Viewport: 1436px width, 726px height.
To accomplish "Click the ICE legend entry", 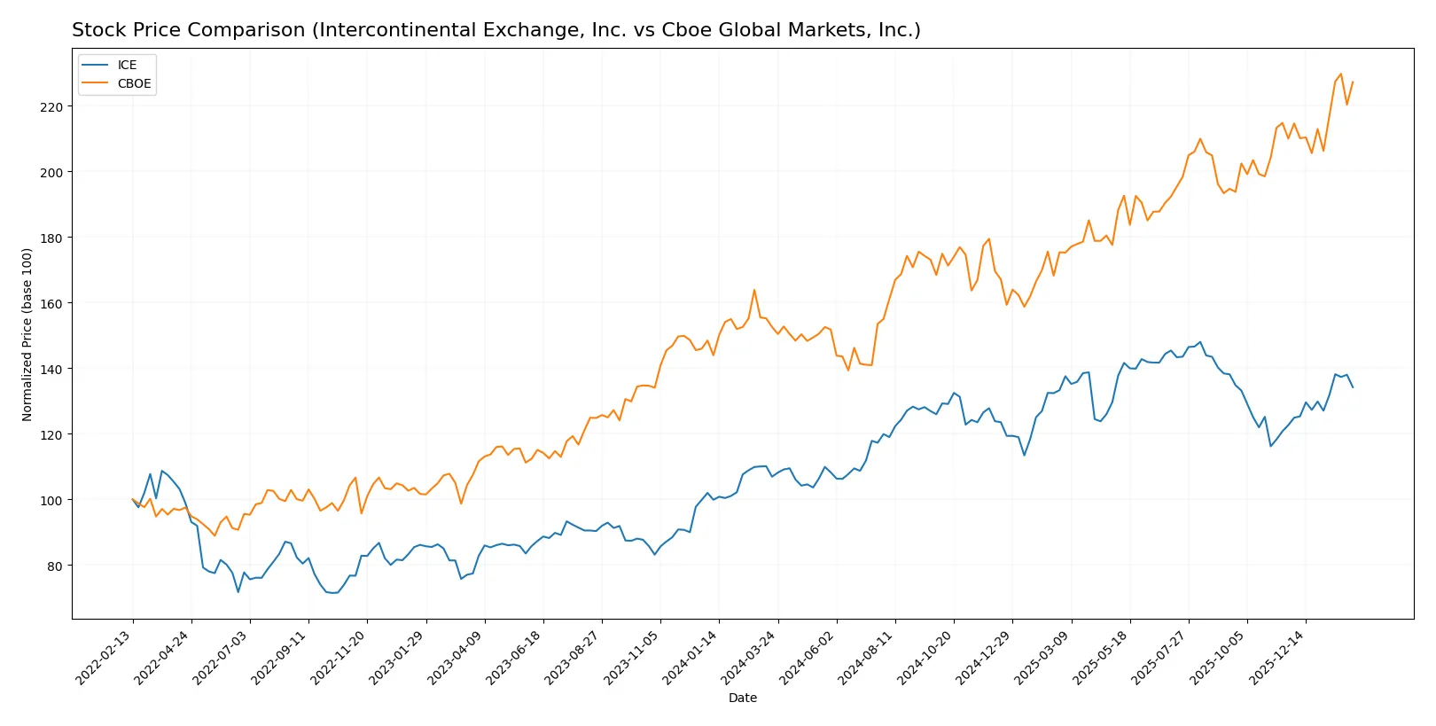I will (127, 65).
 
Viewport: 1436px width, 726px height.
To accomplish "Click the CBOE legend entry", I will (134, 83).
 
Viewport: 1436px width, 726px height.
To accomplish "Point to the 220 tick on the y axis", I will (51, 106).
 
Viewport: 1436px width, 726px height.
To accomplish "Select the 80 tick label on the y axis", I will (55, 566).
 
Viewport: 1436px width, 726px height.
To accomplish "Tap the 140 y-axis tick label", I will (51, 369).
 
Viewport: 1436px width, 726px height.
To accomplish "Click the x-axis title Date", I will (742, 698).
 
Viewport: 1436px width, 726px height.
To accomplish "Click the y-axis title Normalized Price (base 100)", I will (27, 334).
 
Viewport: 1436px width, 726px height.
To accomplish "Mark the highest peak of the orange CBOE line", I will (1340, 74).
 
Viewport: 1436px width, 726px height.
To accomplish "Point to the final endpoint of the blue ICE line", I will (1353, 387).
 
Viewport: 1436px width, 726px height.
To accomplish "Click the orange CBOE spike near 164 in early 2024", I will (754, 290).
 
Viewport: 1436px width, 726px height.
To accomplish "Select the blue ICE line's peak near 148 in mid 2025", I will (1200, 342).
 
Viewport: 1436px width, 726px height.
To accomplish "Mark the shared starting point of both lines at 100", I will (133, 499).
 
